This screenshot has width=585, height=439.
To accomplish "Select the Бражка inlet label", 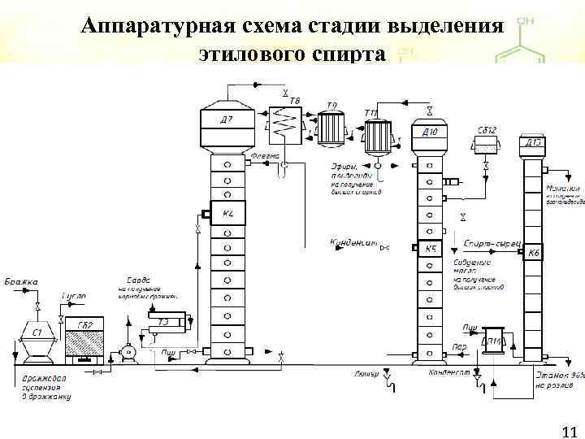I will tap(21, 281).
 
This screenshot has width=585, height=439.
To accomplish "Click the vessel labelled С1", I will tap(37, 338).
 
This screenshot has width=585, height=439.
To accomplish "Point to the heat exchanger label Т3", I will tap(163, 323).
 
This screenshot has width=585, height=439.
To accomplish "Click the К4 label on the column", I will tap(228, 214).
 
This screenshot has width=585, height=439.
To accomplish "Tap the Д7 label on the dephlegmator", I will tap(227, 120).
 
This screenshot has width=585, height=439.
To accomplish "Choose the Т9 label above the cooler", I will tap(331, 106).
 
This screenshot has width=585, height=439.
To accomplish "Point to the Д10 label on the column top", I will tap(431, 131).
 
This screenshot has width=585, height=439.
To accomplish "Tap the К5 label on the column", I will tap(431, 250).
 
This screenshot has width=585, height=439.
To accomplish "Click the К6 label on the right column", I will tap(534, 254).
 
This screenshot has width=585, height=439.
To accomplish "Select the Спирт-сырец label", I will tap(486, 243).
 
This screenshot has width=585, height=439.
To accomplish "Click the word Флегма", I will tap(265, 155).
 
